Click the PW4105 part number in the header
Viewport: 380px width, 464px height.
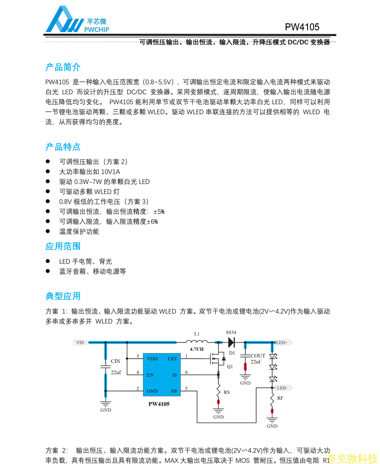302,27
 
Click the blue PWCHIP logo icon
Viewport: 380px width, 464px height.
64,20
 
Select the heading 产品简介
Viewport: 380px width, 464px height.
63,67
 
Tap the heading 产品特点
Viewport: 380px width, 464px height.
63,147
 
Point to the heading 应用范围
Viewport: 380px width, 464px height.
63,246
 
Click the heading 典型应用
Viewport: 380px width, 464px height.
63,296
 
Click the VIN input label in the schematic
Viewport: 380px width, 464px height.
80,342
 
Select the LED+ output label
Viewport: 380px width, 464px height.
282,342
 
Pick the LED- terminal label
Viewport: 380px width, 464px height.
283,388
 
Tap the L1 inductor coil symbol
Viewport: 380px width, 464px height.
197,341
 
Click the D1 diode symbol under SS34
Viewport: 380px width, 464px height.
231,342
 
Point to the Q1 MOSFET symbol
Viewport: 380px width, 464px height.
217,359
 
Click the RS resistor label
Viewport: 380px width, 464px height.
227,392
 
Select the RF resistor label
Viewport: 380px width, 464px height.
280,398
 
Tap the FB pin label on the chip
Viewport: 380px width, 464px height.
174,391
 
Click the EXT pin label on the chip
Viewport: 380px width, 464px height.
172,359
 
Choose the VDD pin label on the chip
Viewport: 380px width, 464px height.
152,359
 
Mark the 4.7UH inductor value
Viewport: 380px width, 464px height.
197,349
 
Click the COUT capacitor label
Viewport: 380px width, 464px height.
258,356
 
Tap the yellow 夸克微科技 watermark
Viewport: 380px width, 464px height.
353,458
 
